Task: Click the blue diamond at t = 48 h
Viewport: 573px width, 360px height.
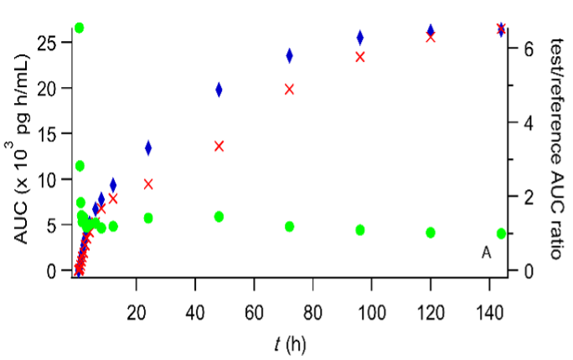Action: pyautogui.click(x=219, y=90)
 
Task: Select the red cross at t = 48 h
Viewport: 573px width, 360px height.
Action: pyautogui.click(x=219, y=146)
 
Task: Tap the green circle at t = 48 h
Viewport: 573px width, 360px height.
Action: pyautogui.click(x=219, y=217)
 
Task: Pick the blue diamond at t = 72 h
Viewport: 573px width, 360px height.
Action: pyautogui.click(x=290, y=56)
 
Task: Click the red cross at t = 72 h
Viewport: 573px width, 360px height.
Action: pyautogui.click(x=290, y=89)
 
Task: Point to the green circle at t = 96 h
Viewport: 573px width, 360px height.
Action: pyautogui.click(x=360, y=229)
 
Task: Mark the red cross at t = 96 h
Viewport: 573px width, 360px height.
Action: pyautogui.click(x=360, y=57)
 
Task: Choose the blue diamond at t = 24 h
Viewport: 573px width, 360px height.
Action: pyautogui.click(x=148, y=148)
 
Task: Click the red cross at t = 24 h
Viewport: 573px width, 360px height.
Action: pyautogui.click(x=148, y=184)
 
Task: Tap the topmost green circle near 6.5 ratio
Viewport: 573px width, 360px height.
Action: pyautogui.click(x=80, y=28)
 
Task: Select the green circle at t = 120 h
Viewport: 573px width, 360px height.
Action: pyautogui.click(x=431, y=233)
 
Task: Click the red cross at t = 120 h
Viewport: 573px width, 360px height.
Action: pyautogui.click(x=431, y=37)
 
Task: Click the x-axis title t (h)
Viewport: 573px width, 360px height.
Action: pyautogui.click(x=291, y=343)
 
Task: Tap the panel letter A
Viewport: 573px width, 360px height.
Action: pyautogui.click(x=486, y=252)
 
